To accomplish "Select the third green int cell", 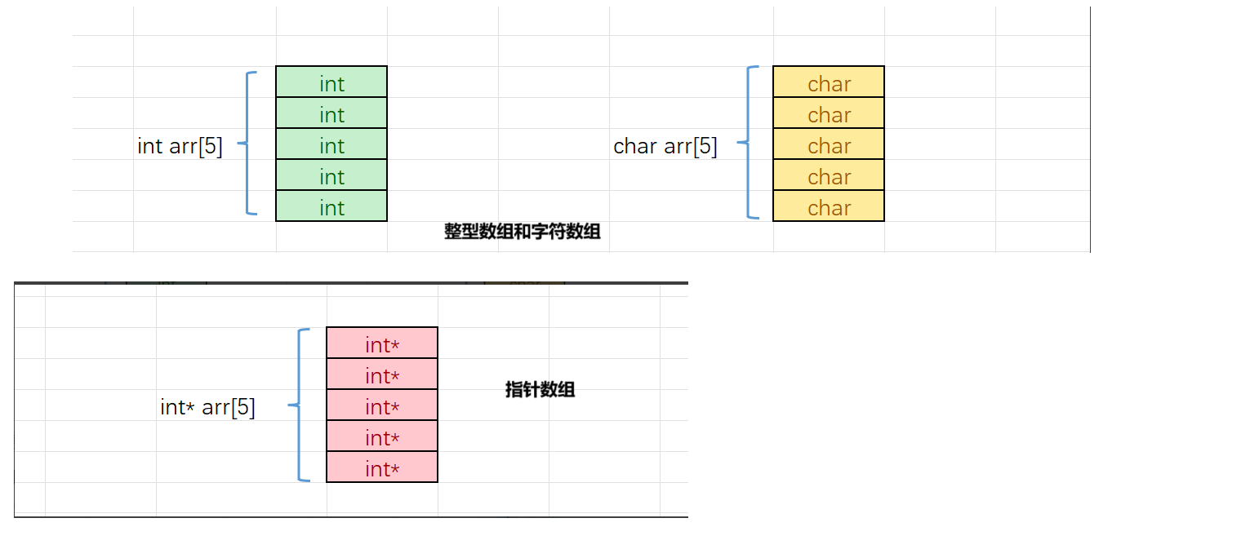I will (x=331, y=144).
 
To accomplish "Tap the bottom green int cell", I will (x=331, y=206).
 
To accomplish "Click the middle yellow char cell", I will (x=829, y=144).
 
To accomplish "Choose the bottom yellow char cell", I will (x=829, y=206).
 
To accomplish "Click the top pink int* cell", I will (x=382, y=343).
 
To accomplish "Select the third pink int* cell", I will (x=382, y=405).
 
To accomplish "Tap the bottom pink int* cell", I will (x=382, y=467).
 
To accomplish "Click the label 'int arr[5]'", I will (x=180, y=146).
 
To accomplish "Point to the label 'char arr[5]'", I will (x=665, y=146).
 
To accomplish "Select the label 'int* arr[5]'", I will (x=207, y=407).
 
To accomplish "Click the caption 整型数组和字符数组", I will (x=523, y=232).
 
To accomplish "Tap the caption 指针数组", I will (x=540, y=389).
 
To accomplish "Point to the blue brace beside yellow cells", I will (x=748, y=143).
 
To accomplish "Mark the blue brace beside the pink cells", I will (x=300, y=405).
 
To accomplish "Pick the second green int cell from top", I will (x=331, y=113).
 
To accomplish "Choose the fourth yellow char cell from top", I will (x=829, y=175).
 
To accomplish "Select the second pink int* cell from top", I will (x=382, y=374).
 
